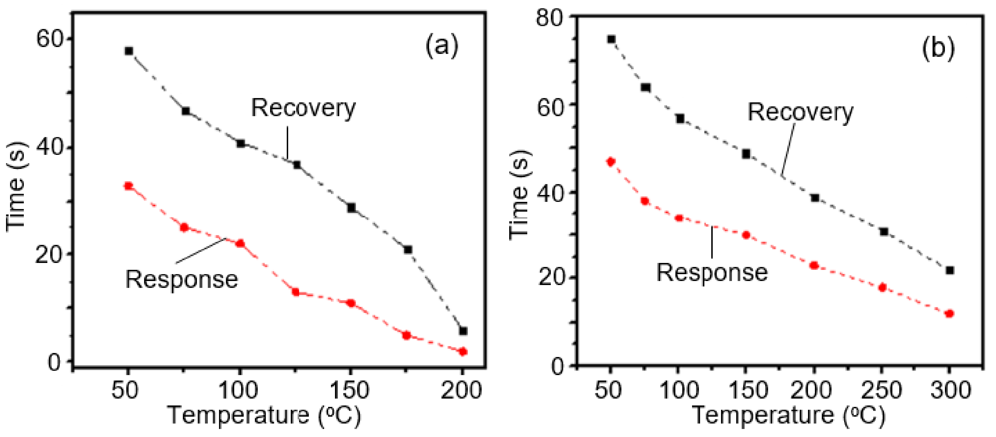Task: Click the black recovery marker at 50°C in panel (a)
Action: coord(129,51)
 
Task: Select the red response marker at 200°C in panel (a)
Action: coord(462,352)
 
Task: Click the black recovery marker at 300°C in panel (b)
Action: coord(950,270)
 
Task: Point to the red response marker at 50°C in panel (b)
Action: coord(611,161)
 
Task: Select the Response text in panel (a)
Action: coord(181,279)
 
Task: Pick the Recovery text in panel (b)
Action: coord(800,112)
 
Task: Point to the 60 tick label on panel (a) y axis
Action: coord(49,39)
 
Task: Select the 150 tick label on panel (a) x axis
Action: coord(350,390)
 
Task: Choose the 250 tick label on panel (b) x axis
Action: coord(881,390)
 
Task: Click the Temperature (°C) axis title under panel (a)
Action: coord(264,415)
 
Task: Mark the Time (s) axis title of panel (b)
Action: coord(519,195)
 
